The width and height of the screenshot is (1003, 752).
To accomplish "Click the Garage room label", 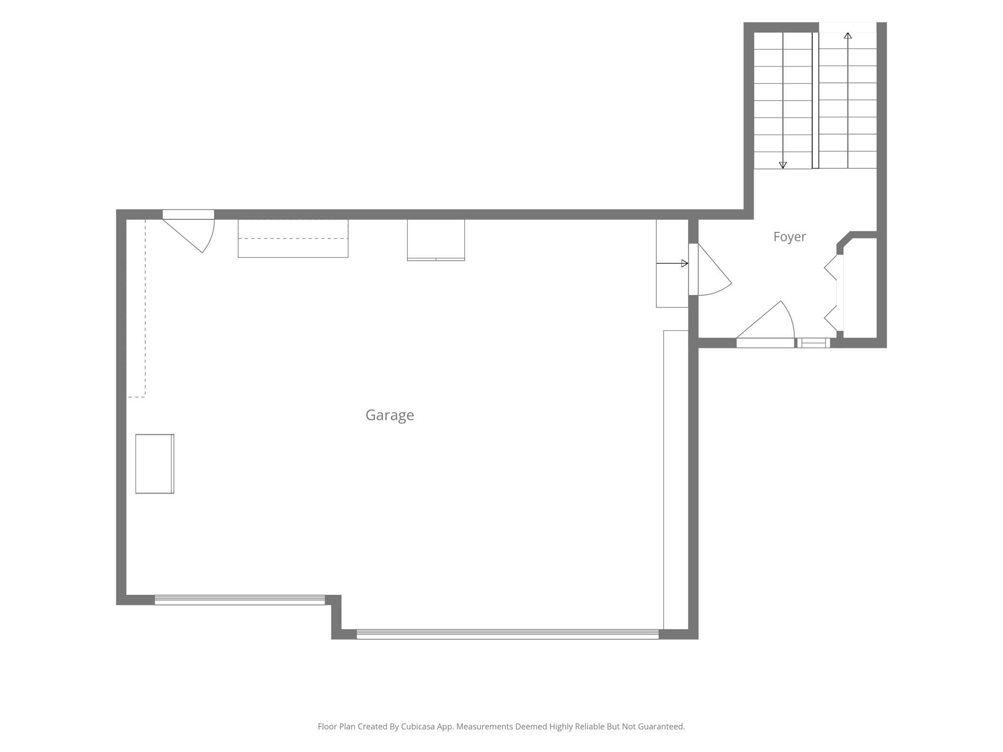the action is pyautogui.click(x=390, y=415).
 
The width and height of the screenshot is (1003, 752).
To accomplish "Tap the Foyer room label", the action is pyautogui.click(x=789, y=237).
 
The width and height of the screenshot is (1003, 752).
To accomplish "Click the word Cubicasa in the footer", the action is pyautogui.click(x=418, y=726).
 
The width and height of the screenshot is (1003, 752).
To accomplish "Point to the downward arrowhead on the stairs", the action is pyautogui.click(x=783, y=165).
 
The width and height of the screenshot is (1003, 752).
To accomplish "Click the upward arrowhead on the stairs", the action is pyautogui.click(x=848, y=36).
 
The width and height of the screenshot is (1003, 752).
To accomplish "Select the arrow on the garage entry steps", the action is pyautogui.click(x=672, y=263).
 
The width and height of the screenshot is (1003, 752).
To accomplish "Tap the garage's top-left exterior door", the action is pyautogui.click(x=189, y=231).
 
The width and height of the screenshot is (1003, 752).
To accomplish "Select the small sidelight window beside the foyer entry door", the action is pyautogui.click(x=813, y=343).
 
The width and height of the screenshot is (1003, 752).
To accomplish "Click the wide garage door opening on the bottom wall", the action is pyautogui.click(x=507, y=634).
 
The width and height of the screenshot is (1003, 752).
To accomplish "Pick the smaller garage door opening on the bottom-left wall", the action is pyautogui.click(x=240, y=600).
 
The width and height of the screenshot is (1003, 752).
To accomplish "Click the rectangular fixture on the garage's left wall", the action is pyautogui.click(x=154, y=464).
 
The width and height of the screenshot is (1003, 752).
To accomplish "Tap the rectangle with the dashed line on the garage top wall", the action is pyautogui.click(x=293, y=239).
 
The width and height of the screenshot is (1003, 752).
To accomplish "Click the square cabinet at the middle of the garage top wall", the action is pyautogui.click(x=436, y=240).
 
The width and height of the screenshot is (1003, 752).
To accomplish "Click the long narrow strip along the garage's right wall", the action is pyautogui.click(x=676, y=480).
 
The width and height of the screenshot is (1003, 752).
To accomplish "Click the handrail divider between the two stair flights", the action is pyautogui.click(x=815, y=100).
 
